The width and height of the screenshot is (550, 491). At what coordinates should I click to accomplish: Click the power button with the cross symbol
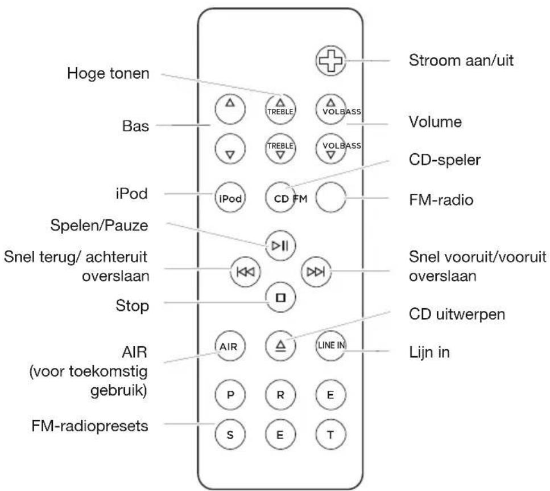[330, 60]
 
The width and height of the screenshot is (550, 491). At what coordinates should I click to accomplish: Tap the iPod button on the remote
[229, 198]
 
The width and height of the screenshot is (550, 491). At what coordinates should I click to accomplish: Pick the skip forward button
[315, 271]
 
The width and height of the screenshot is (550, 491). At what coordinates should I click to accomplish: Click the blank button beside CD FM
[331, 198]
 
